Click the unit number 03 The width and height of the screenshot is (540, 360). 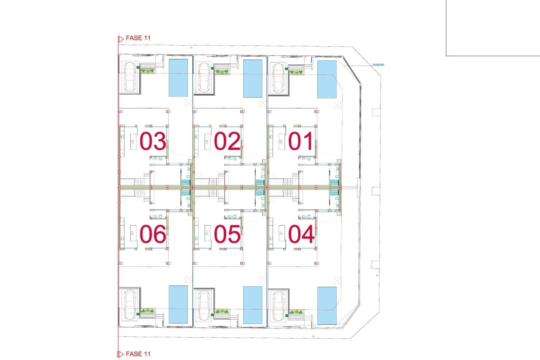(153, 141)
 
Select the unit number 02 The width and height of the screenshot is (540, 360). (227, 141)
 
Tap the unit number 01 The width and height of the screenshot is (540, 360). (301, 141)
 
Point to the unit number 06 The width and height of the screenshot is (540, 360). (153, 234)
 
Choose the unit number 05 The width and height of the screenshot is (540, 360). (227, 234)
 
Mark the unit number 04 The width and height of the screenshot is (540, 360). (301, 234)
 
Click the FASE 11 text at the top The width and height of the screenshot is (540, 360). (138, 38)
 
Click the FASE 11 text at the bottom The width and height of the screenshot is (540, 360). (138, 354)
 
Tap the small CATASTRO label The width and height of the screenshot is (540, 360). (378, 65)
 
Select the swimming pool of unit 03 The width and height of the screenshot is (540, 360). (178, 78)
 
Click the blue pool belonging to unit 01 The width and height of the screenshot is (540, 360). (327, 79)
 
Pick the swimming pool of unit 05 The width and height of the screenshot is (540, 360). (253, 305)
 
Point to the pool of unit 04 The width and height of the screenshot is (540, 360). (327, 305)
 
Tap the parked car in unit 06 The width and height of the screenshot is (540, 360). (130, 305)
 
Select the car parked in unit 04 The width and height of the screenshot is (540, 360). (278, 306)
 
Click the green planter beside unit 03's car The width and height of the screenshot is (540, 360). (148, 71)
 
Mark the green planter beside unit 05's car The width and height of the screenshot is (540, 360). (222, 311)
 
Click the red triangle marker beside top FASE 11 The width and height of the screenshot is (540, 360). (121, 39)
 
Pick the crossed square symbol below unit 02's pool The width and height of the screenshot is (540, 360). (262, 104)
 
